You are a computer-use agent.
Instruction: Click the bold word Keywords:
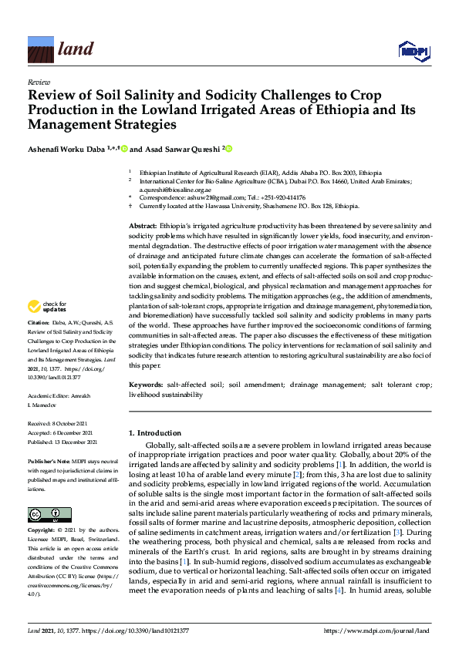[x=146, y=383]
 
